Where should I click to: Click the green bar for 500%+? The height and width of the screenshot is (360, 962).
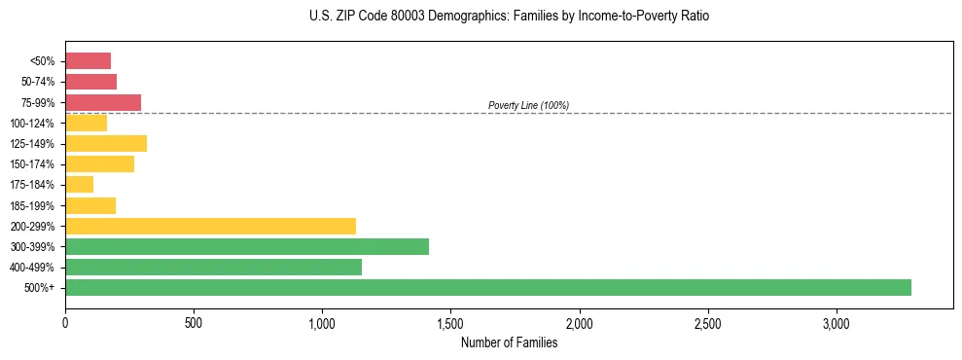[x=487, y=287]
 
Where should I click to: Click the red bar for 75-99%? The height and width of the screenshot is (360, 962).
[x=103, y=102]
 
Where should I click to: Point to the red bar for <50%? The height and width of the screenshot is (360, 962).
[x=88, y=61]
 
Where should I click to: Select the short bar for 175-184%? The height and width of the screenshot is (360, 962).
[x=79, y=185]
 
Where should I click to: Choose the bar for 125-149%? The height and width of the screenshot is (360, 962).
[x=106, y=143]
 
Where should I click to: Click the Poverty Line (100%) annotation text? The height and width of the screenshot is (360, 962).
[x=528, y=105]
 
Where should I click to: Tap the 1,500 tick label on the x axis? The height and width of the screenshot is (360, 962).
[x=450, y=322]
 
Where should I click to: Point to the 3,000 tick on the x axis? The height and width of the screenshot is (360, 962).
[x=837, y=322]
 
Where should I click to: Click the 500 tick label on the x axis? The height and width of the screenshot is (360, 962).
[x=194, y=322]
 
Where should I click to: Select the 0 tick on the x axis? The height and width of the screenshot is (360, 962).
[x=65, y=322]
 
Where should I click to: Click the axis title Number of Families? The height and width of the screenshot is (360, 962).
[x=509, y=342]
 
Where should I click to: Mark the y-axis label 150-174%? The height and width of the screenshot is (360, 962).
[x=32, y=164]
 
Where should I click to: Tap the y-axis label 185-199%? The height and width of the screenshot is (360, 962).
[x=32, y=205]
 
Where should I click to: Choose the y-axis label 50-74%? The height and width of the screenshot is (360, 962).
[x=36, y=82]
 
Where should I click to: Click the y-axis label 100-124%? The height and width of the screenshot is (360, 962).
[x=32, y=124]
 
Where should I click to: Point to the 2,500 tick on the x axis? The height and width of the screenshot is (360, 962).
[x=708, y=322]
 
